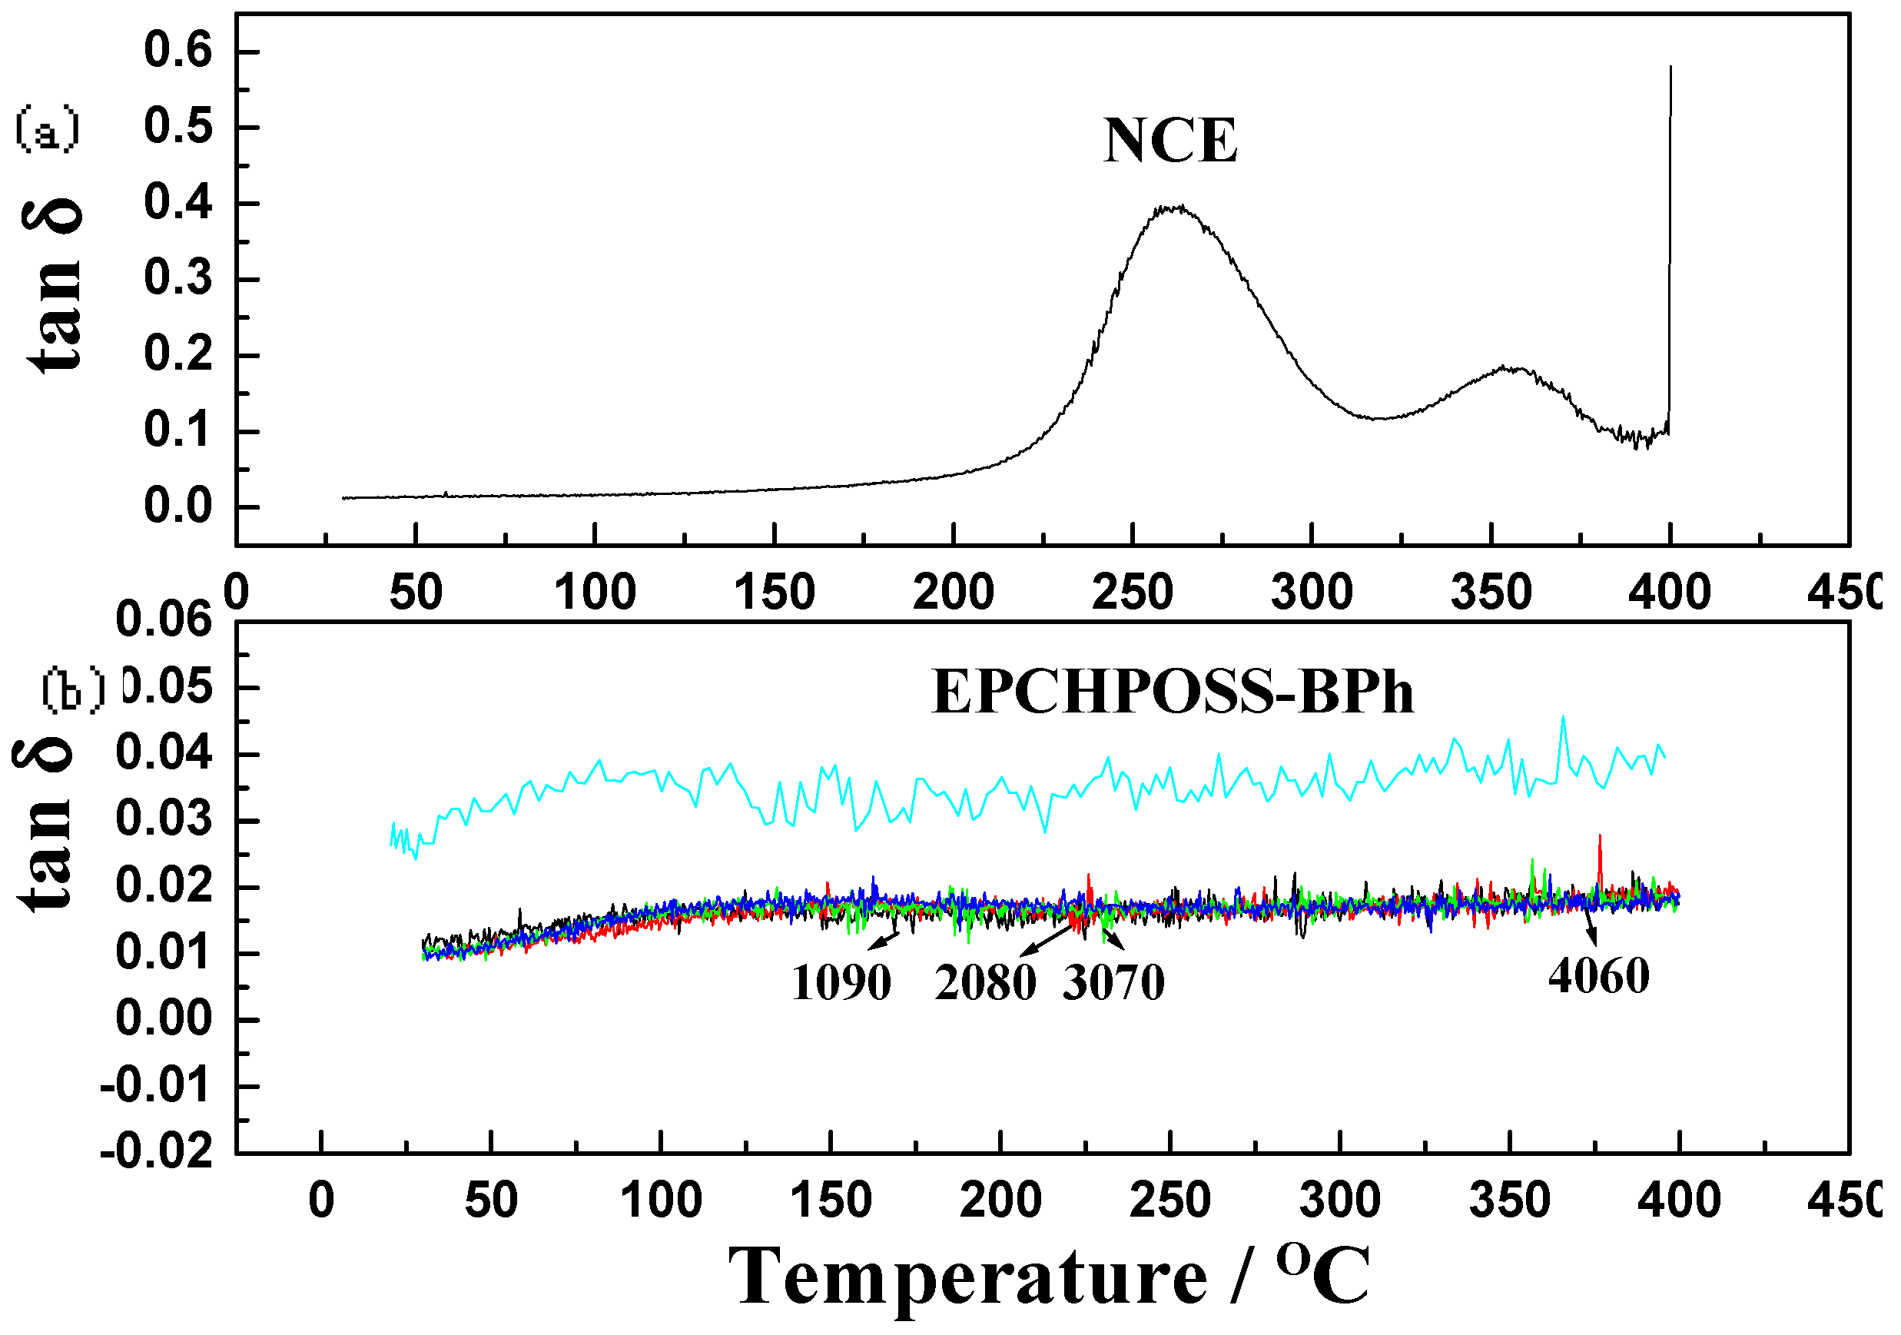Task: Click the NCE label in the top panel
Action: click(x=1170, y=141)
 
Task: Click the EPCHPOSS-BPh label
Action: click(x=1173, y=692)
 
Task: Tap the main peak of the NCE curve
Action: click(x=1174, y=208)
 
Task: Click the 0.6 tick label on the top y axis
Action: click(x=178, y=51)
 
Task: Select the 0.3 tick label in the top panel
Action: click(x=178, y=279)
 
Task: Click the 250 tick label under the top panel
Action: click(x=1132, y=593)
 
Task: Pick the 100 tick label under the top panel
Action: click(x=595, y=593)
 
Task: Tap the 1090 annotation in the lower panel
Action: click(x=841, y=984)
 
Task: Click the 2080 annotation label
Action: click(x=985, y=984)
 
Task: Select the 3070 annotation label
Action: click(x=1113, y=984)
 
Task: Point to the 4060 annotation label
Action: click(x=1599, y=976)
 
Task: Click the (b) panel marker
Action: click(x=74, y=690)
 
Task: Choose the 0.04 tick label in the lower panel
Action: click(x=164, y=754)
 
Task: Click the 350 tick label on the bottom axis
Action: click(x=1509, y=1200)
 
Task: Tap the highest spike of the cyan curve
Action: click(x=1563, y=719)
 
